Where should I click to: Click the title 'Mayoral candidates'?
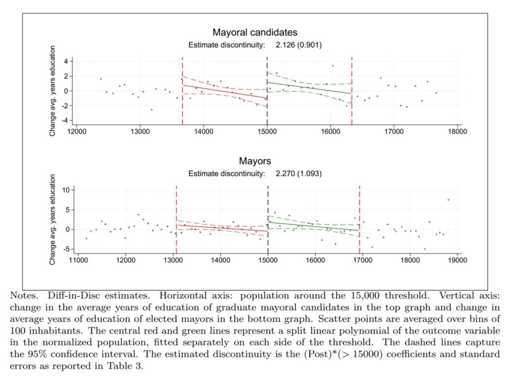pos(255,33)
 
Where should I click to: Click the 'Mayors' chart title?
pos(255,161)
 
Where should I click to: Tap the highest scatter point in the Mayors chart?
pos(448,200)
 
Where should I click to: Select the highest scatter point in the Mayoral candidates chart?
pos(332,66)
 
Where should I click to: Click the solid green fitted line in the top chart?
pos(306,87)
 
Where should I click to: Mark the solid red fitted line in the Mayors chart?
pos(222,228)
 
